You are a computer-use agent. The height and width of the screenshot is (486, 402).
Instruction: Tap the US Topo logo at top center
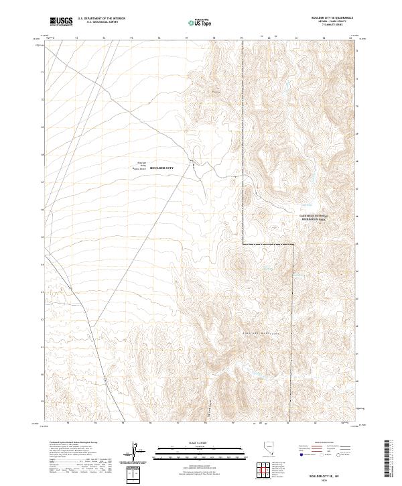coord(202,21)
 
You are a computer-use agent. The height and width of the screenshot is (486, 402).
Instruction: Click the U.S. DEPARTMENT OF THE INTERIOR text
coord(101,19)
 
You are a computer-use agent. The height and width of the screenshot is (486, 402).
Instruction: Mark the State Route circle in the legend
coord(340,454)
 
